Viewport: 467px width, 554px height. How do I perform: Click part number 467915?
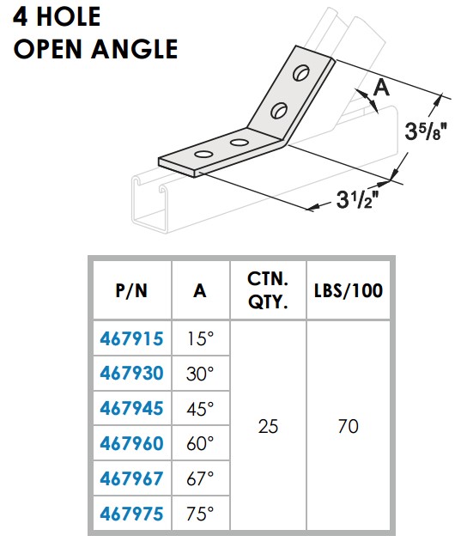pyautogui.click(x=130, y=338)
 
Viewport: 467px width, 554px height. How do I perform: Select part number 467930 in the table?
pyautogui.click(x=130, y=374)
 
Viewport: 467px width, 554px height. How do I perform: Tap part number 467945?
pyautogui.click(x=130, y=408)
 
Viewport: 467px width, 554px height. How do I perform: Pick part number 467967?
pyautogui.click(x=130, y=478)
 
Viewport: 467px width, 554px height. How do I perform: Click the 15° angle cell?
pyautogui.click(x=200, y=338)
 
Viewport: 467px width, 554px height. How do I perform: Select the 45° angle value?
pyautogui.click(x=200, y=408)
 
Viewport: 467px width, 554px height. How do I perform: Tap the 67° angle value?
pyautogui.click(x=200, y=478)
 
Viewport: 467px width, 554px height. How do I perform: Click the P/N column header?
pyautogui.click(x=130, y=290)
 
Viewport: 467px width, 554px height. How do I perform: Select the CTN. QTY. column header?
pyautogui.click(x=268, y=290)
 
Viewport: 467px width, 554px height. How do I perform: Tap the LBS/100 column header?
pyautogui.click(x=348, y=290)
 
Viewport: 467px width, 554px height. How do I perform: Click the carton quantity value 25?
pyautogui.click(x=268, y=426)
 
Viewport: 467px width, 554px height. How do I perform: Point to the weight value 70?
pyautogui.click(x=348, y=426)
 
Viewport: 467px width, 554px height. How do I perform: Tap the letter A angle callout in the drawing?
pyautogui.click(x=381, y=87)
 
